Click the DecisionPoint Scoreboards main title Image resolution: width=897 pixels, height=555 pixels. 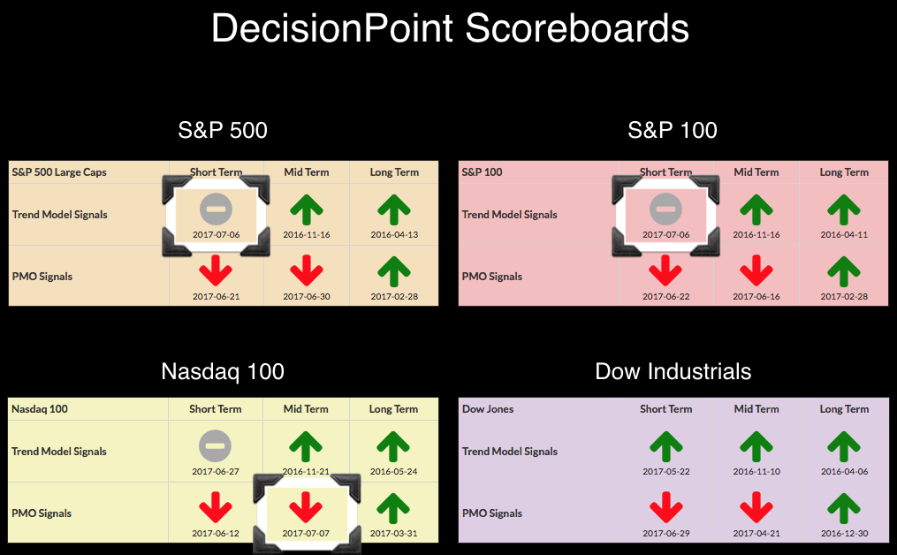pyautogui.click(x=450, y=28)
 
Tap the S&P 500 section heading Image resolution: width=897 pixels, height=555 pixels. pyautogui.click(x=223, y=130)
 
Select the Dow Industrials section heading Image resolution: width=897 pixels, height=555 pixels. pyautogui.click(x=673, y=371)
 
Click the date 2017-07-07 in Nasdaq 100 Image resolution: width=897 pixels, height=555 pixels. pyautogui.click(x=306, y=533)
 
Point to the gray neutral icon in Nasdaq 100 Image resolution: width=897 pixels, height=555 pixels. pyautogui.click(x=215, y=445)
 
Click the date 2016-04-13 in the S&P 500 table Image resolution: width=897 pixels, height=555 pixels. pyautogui.click(x=394, y=234)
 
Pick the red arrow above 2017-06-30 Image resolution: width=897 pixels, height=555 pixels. pyautogui.click(x=307, y=270)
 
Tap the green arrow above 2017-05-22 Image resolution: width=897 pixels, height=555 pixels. pyautogui.click(x=665, y=446)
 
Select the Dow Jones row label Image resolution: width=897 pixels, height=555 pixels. pyautogui.click(x=488, y=409)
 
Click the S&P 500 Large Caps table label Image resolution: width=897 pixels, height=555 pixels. pyautogui.click(x=59, y=172)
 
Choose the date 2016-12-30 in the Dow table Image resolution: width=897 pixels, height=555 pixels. pyautogui.click(x=844, y=533)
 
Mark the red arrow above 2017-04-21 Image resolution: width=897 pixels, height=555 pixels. pyautogui.click(x=756, y=507)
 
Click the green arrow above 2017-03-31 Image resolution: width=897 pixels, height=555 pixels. pyautogui.click(x=393, y=508)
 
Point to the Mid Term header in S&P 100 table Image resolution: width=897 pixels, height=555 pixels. pyautogui.click(x=756, y=172)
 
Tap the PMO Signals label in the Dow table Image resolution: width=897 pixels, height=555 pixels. pyautogui.click(x=492, y=513)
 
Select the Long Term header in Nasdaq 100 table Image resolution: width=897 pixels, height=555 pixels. pyautogui.click(x=393, y=409)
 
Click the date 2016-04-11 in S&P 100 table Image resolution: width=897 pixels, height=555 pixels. pyautogui.click(x=844, y=234)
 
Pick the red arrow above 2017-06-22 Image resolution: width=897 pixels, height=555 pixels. pyautogui.click(x=665, y=270)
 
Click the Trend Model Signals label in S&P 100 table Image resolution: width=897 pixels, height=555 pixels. pyautogui.click(x=509, y=215)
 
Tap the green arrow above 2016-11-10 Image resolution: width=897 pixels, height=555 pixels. pyautogui.click(x=756, y=446)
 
